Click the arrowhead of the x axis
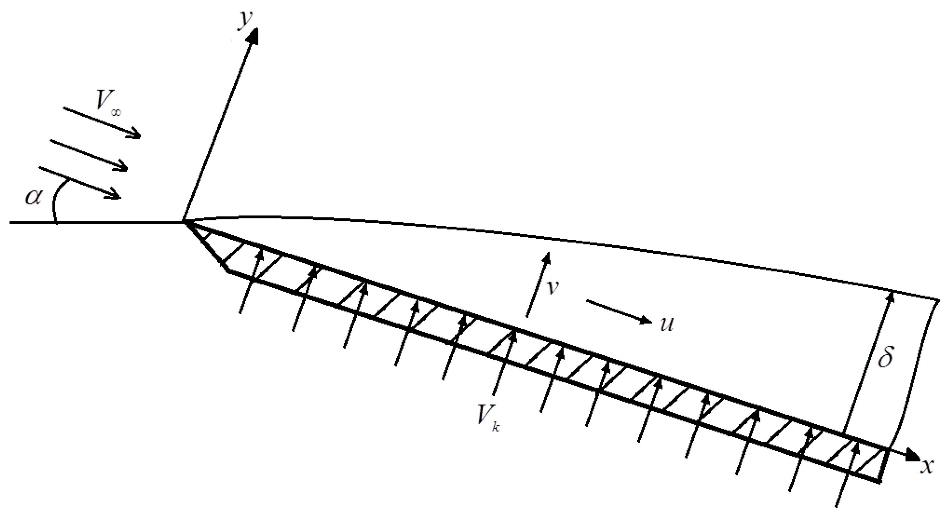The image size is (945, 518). [x=913, y=465]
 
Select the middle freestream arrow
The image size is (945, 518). [x=88, y=154]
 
